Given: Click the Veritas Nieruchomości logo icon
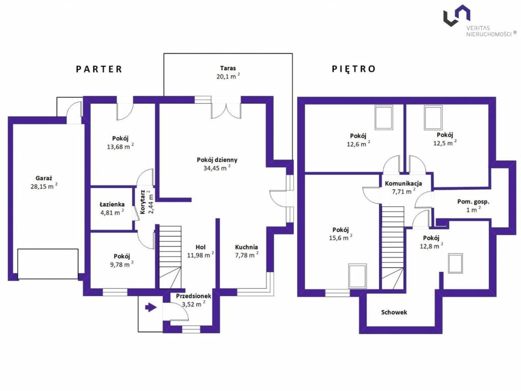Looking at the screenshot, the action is point(456,15).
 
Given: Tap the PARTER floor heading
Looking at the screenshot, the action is point(99,69).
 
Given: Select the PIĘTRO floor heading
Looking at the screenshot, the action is point(354,69).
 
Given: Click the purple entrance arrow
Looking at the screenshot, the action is point(151,307).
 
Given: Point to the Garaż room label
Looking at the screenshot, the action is point(44,178).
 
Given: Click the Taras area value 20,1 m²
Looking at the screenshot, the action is point(228,76).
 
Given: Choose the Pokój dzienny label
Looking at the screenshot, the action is point(217,160).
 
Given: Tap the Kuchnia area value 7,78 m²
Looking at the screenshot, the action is point(247,255).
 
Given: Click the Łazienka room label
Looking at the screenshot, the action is point(112,204).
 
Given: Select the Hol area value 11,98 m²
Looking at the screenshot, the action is point(200,255).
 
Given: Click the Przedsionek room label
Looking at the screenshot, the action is point(193,296).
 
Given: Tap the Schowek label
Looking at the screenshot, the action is point(394,312).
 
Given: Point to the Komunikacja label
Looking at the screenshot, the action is point(403,183).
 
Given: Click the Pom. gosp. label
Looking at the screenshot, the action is point(473,202).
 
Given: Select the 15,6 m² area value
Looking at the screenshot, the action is point(340,238).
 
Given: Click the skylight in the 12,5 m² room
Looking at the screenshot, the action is point(433,118).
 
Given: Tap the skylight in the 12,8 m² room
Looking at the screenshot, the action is point(455,263).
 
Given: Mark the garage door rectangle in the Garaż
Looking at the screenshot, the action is point(48,264).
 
